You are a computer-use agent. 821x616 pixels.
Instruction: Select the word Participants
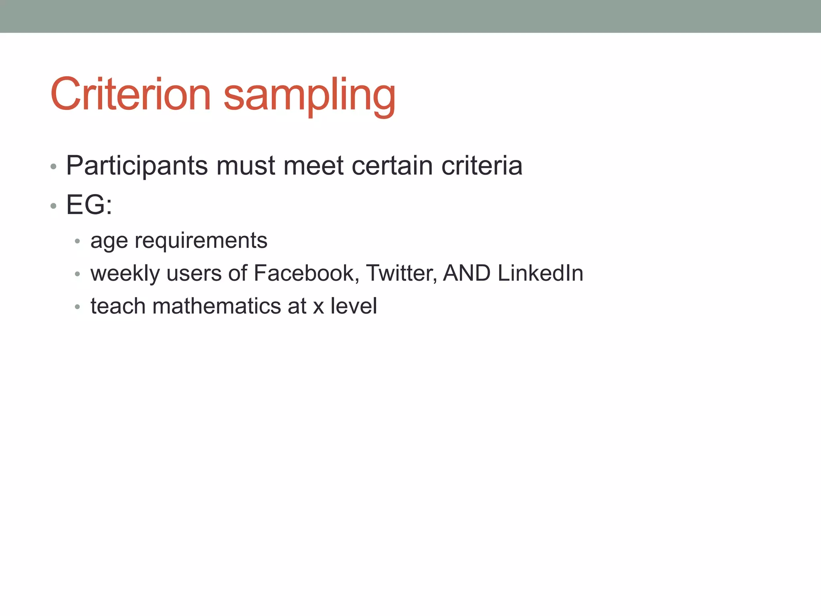tap(137, 166)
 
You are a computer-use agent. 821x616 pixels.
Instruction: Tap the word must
tap(245, 166)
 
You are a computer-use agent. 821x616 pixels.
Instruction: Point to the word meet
tap(313, 166)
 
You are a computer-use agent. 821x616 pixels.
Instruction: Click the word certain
tap(392, 166)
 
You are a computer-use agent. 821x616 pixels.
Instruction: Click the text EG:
tap(89, 205)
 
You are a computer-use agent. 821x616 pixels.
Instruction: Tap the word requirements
tap(201, 241)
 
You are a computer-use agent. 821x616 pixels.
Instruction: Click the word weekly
tap(125, 274)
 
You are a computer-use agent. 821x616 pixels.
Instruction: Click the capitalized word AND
tap(467, 273)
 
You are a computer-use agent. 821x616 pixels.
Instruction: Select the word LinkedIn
tap(540, 273)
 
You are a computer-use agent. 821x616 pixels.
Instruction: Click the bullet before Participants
tap(54, 166)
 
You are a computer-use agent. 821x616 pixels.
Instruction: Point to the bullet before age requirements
tap(78, 241)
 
